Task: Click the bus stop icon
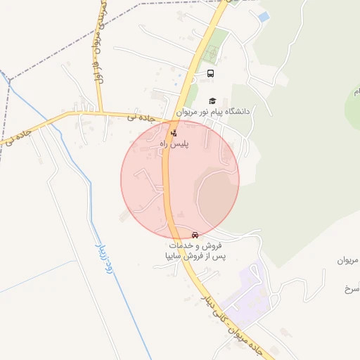pyautogui.click(x=210, y=73)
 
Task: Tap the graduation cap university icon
pyautogui.click(x=213, y=101)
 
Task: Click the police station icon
pyautogui.click(x=174, y=131)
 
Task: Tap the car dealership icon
pyautogui.click(x=195, y=235)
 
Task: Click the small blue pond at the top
pyautogui.click(x=264, y=16)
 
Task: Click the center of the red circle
pyautogui.click(x=180, y=179)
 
